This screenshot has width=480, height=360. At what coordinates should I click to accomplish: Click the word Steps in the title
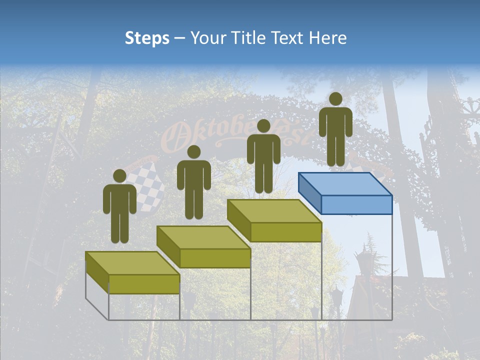[x=147, y=38]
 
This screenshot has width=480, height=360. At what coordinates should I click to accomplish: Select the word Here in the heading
[x=328, y=38]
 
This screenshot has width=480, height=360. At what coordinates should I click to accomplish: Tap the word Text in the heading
[x=288, y=38]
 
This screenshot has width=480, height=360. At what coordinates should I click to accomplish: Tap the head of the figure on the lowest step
[x=119, y=176]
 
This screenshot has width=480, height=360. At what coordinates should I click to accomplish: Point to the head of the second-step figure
[x=193, y=152]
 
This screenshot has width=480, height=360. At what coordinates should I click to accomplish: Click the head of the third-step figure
[x=263, y=126]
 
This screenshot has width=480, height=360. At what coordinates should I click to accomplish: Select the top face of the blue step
[x=345, y=184]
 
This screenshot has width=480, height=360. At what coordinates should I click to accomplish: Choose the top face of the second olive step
[x=203, y=237]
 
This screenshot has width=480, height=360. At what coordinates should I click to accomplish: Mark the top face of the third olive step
[x=274, y=211]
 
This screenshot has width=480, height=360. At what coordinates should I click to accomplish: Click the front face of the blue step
[x=356, y=204]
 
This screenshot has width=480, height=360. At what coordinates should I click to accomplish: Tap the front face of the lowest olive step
[x=144, y=284]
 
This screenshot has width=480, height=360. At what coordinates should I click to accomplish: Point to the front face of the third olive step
[x=285, y=232]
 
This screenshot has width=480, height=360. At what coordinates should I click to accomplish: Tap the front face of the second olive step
[x=215, y=258]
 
